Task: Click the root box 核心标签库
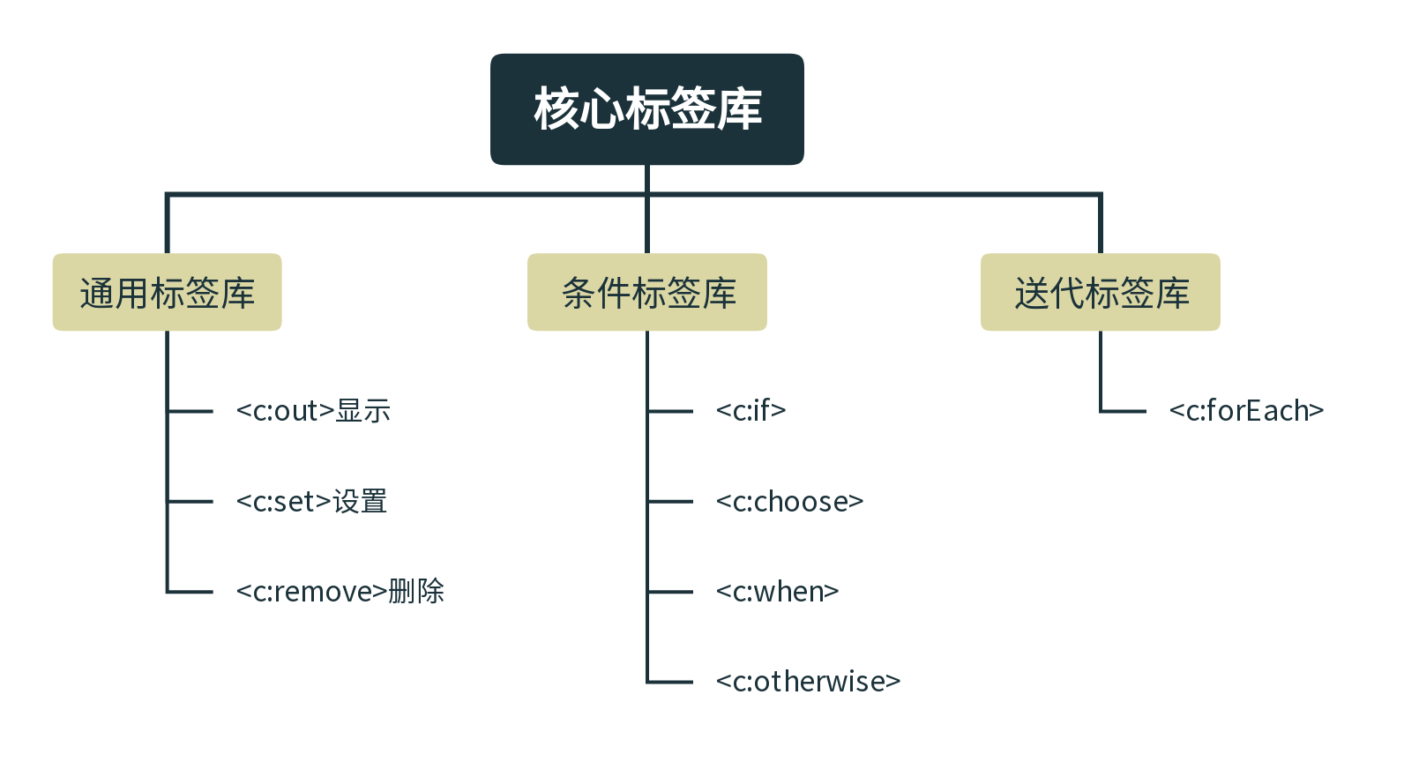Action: [x=647, y=109]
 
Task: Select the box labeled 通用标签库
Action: [x=168, y=293]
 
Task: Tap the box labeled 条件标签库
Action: [x=647, y=293]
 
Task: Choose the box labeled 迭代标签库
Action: [x=1101, y=293]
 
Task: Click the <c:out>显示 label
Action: [x=313, y=411]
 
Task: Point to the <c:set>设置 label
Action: [x=312, y=502]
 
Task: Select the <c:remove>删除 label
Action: [x=340, y=592]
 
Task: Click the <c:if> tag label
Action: [x=751, y=411]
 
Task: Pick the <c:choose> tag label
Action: [x=789, y=502]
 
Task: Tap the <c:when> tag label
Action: [x=777, y=592]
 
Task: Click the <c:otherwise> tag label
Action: [x=808, y=682]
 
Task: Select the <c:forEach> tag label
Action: [x=1246, y=411]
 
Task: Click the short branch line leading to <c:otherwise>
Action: [x=671, y=682]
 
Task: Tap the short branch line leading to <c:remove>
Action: [x=191, y=592]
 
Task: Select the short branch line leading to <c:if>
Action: [x=671, y=411]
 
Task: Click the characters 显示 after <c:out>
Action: [x=363, y=411]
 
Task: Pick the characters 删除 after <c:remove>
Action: [x=416, y=592]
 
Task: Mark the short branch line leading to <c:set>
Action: [x=191, y=502]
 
